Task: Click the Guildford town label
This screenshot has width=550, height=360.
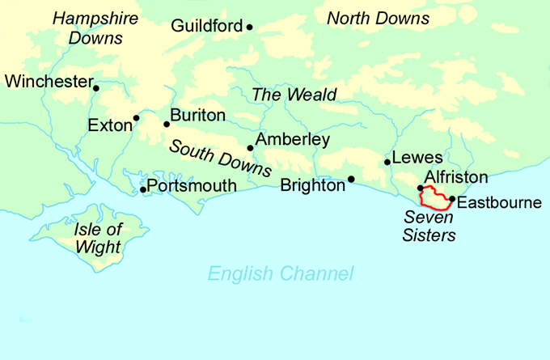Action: click(206, 26)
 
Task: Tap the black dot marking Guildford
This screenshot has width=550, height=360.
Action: click(249, 28)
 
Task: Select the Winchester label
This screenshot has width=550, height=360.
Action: click(48, 81)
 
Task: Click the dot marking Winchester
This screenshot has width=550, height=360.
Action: click(95, 88)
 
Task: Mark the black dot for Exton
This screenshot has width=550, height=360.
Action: click(136, 118)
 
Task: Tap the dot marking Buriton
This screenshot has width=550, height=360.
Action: click(167, 124)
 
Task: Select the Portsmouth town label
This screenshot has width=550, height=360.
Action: click(192, 186)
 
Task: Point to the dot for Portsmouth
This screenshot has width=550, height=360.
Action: click(143, 190)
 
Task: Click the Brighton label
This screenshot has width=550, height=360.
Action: click(312, 185)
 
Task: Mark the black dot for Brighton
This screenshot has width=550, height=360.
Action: click(351, 179)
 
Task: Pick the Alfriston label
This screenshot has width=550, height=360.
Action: click(456, 177)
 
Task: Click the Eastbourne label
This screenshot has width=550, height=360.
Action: click(499, 202)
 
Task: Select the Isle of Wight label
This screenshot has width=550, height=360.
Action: click(96, 238)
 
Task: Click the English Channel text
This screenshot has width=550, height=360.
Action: click(280, 274)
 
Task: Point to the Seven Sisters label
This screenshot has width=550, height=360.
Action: click(430, 227)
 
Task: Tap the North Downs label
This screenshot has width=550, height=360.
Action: click(377, 18)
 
